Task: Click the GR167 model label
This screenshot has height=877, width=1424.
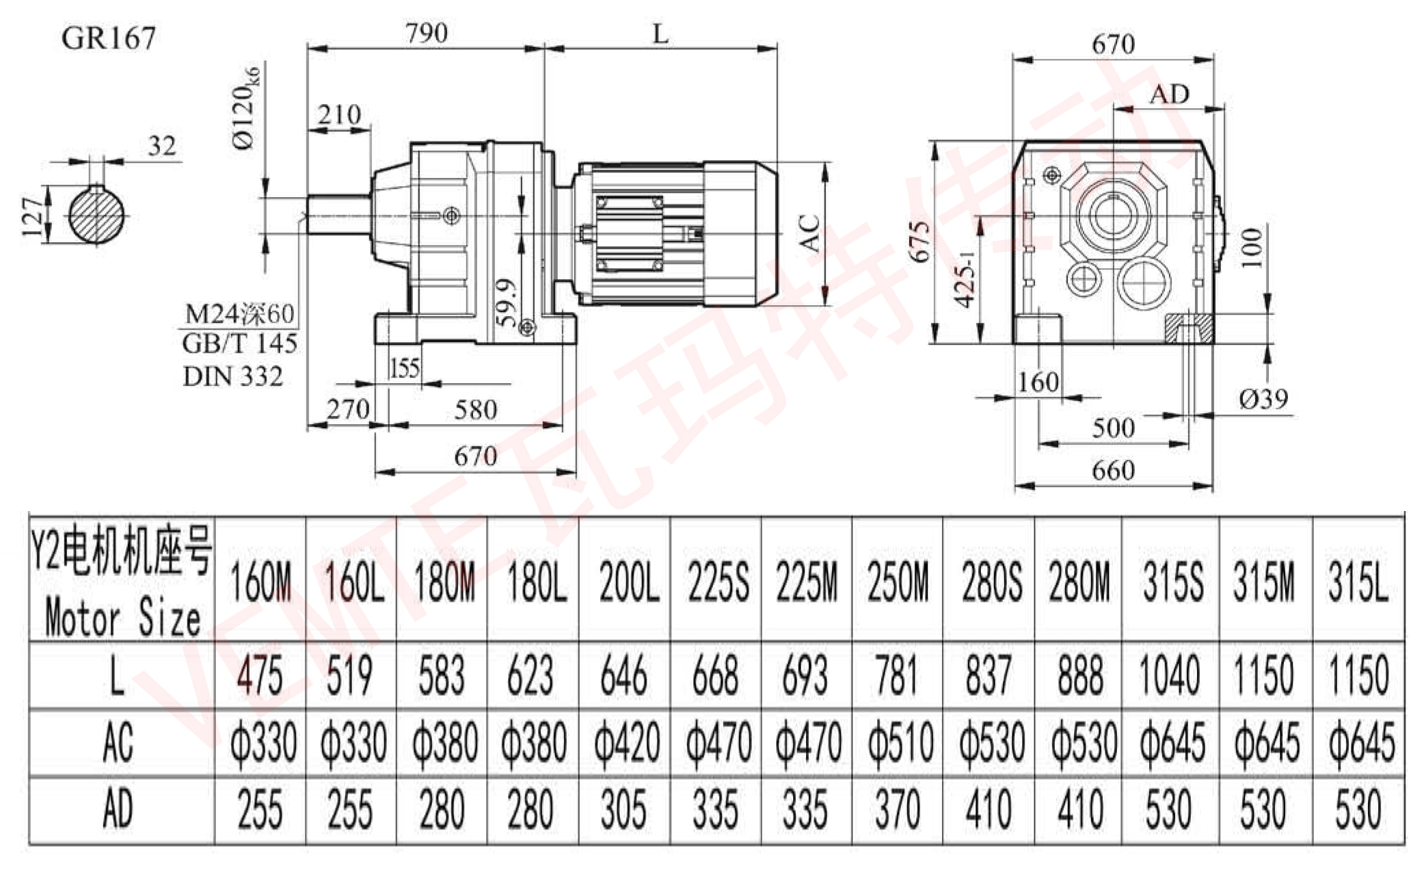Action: point(109,38)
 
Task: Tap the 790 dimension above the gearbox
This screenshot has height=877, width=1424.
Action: point(427,33)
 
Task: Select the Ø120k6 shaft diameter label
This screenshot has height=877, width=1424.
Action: point(246,108)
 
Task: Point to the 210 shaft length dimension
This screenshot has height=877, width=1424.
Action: point(339,115)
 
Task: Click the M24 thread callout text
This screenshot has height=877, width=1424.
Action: point(239,313)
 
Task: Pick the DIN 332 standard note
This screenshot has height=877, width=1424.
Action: point(232,376)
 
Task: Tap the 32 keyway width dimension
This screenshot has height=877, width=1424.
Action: point(162,146)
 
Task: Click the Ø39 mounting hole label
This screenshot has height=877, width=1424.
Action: point(1263,399)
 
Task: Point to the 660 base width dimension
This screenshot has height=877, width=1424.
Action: point(1113,471)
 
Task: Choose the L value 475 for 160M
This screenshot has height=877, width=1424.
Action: point(260,675)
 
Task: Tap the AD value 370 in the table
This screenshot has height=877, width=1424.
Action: point(898,809)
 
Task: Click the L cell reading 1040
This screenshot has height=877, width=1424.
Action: point(1170,675)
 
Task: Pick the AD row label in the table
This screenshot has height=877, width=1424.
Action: point(117,809)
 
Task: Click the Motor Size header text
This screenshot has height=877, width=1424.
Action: point(122,618)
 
